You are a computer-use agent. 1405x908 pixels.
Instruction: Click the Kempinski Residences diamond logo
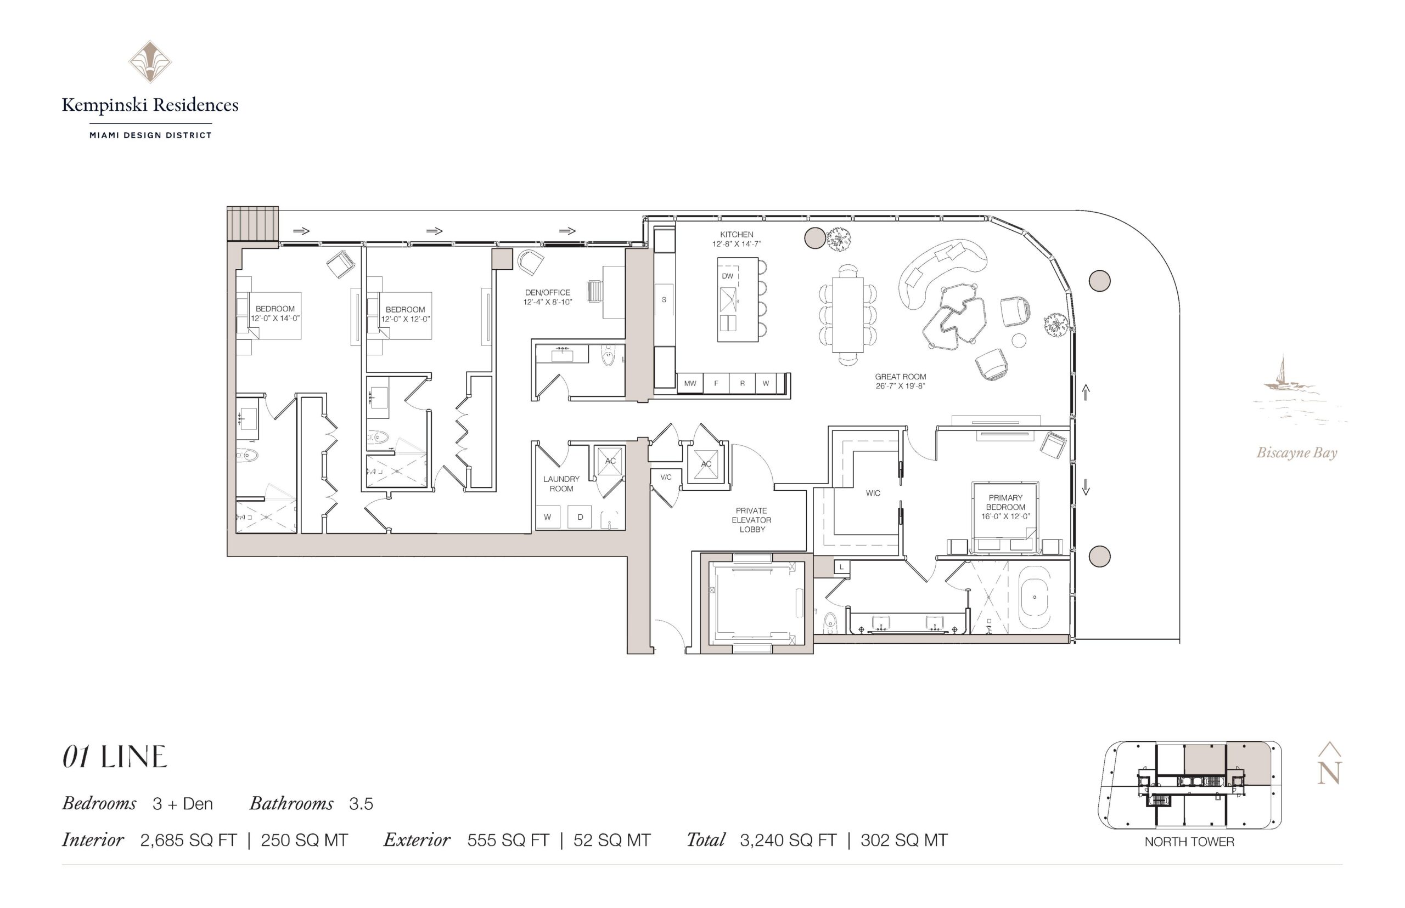pyautogui.click(x=150, y=61)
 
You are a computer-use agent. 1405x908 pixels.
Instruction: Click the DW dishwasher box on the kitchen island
pyautogui.click(x=728, y=276)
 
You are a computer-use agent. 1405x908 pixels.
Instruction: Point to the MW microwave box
pyautogui.click(x=690, y=383)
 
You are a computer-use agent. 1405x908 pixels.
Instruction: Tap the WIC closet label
pyautogui.click(x=873, y=493)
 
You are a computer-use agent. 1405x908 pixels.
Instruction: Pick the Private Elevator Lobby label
pyautogui.click(x=751, y=520)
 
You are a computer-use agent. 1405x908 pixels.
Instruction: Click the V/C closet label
pyautogui.click(x=666, y=477)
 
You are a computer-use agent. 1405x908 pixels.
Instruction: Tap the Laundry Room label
pyautogui.click(x=561, y=484)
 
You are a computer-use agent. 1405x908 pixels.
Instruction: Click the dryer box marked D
pyautogui.click(x=580, y=517)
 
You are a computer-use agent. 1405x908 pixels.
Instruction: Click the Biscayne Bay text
pyautogui.click(x=1296, y=453)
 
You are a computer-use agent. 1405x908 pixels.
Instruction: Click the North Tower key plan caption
pyautogui.click(x=1189, y=841)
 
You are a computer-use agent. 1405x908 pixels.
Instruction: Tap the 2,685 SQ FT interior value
pyautogui.click(x=188, y=839)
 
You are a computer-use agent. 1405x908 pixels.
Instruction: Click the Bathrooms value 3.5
pyautogui.click(x=361, y=803)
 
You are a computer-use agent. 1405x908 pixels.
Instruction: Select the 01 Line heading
pyautogui.click(x=115, y=757)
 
